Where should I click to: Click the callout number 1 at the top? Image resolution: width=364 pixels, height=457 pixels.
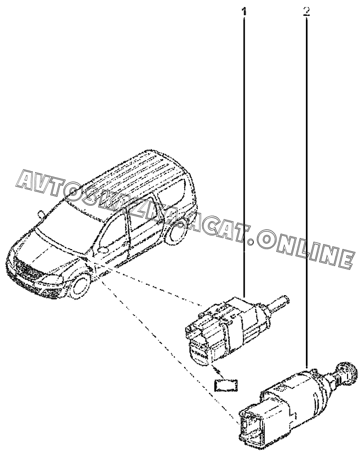[x=244, y=11]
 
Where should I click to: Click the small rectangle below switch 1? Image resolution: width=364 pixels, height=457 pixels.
[x=225, y=385]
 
